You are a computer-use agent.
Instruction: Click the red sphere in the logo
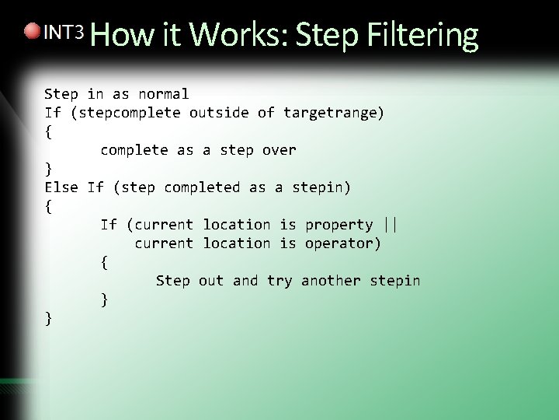click(x=31, y=32)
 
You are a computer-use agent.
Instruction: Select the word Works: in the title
click(x=238, y=35)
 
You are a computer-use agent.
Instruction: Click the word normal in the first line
click(x=164, y=94)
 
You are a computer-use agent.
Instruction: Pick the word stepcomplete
click(x=130, y=113)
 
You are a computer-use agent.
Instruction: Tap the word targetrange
click(x=330, y=113)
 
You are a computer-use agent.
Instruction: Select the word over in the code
click(x=279, y=150)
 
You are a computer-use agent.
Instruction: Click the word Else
click(x=61, y=187)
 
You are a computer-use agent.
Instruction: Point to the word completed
click(x=202, y=187)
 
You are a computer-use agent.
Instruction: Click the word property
click(x=339, y=225)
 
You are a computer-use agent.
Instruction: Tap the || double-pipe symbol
click(x=391, y=225)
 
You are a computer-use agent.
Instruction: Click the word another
click(x=331, y=281)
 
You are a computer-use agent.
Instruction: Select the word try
click(x=279, y=281)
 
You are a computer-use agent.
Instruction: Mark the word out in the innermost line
click(x=210, y=281)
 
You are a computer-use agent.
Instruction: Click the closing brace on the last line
click(x=49, y=317)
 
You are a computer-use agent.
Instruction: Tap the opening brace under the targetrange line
click(x=49, y=131)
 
